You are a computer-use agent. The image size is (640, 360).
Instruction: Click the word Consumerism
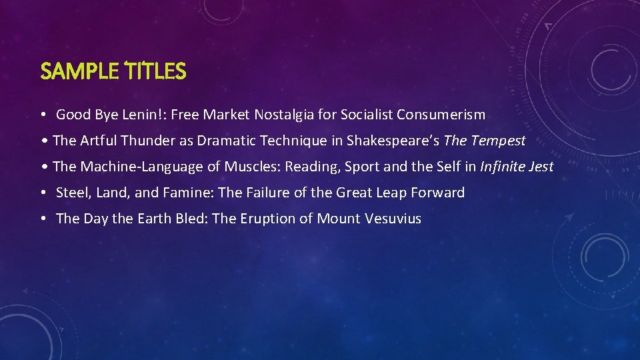coord(441,115)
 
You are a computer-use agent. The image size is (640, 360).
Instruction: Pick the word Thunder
coord(145,141)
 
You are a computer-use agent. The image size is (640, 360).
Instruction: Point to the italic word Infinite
coord(503,167)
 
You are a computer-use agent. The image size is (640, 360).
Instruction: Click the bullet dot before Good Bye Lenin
coord(43,115)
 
